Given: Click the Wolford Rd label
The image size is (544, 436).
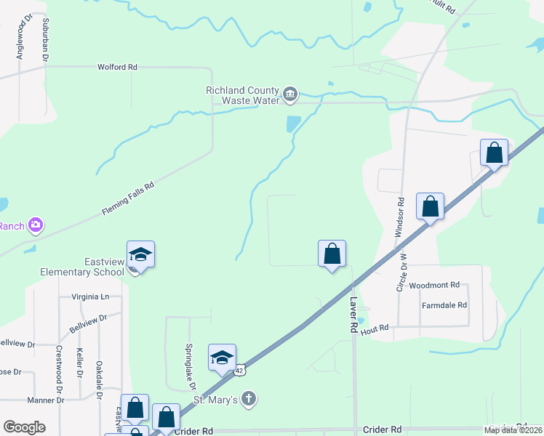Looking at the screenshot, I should point(117,67).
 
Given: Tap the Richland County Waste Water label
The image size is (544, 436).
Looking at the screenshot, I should point(242,95).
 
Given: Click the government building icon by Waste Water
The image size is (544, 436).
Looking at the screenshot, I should point(290,94).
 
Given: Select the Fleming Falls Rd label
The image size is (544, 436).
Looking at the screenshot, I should point(129,197).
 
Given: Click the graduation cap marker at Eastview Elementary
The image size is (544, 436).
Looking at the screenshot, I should point(140,255).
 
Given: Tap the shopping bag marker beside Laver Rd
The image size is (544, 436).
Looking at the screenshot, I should point(332,254).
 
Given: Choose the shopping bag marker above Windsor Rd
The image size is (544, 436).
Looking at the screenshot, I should point(431,206).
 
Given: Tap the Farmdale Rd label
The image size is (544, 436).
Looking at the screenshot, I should point(444,305).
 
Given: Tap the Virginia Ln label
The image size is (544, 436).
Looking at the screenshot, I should point(90,296).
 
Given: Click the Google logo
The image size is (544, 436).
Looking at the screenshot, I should point(24,427).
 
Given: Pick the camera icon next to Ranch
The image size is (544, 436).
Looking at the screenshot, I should point(35,225).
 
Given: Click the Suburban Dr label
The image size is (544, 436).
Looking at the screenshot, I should point(46,39).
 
